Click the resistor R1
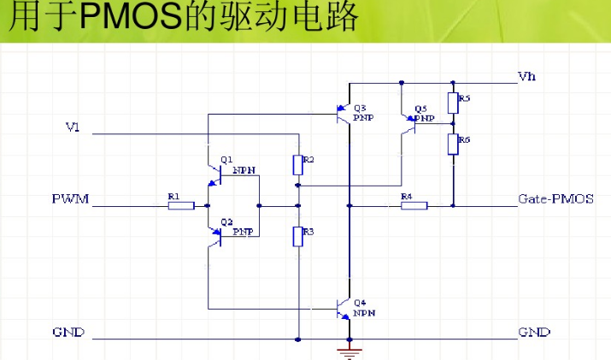181,205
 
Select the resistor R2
297,164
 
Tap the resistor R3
297,236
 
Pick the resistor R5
454,103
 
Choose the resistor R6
454,143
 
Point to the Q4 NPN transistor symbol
344,307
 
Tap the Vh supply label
527,77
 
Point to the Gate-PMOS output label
555,199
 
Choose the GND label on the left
68,332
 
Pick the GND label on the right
534,332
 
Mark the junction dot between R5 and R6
454,123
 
